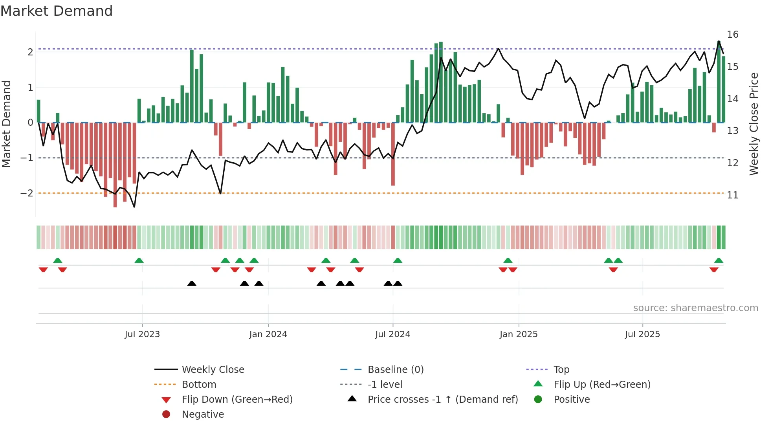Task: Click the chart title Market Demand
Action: click(57, 11)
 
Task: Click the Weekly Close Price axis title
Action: click(753, 124)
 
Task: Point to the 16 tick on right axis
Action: click(732, 35)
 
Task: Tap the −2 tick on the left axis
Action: click(27, 193)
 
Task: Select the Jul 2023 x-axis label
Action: click(142, 334)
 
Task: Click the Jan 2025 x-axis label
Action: click(518, 334)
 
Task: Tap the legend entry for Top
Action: click(561, 370)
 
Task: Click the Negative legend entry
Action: click(203, 415)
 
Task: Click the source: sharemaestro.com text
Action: click(695, 308)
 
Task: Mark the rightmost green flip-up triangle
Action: click(719, 261)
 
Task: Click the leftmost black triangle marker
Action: click(192, 284)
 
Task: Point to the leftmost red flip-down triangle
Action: click(43, 270)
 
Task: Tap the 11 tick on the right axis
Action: click(732, 195)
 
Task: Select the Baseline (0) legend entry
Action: click(395, 370)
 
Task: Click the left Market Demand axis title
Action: click(6, 124)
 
